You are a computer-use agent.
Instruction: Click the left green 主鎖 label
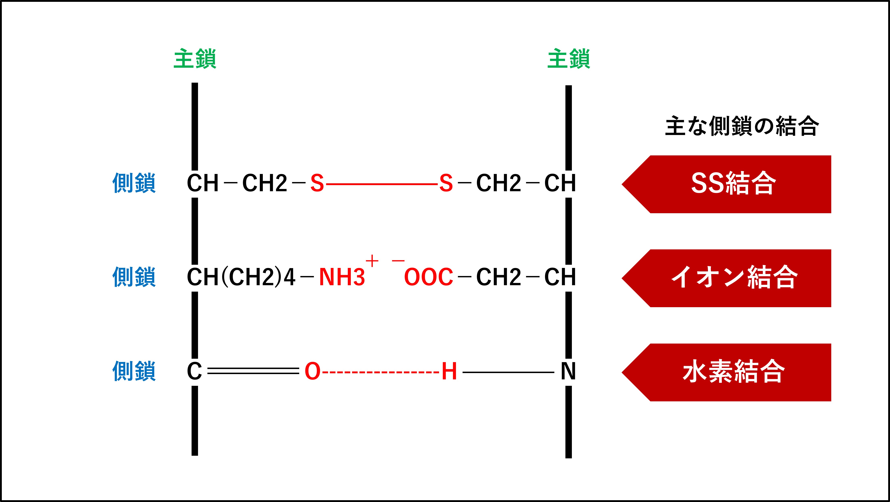coord(195,59)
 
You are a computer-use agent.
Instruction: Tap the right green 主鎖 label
coord(569,59)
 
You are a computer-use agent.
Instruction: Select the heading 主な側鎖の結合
coord(741,126)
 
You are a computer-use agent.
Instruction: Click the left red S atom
coord(317,183)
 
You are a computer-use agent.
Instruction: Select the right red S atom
coord(446,183)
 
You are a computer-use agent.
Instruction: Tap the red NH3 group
coord(342,277)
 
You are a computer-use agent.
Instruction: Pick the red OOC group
coord(428,277)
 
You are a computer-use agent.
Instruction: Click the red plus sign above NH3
coord(372,261)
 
